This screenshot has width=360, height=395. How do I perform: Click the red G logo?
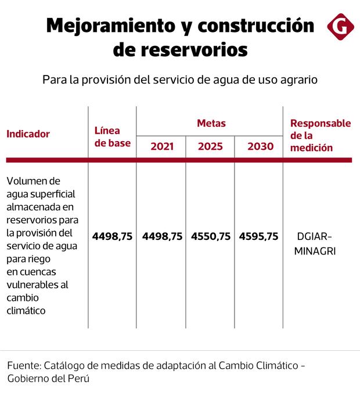(x=340, y=27)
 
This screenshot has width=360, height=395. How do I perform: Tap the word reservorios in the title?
(x=195, y=50)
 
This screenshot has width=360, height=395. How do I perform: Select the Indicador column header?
(x=28, y=134)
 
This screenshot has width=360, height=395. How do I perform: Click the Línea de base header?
(x=112, y=137)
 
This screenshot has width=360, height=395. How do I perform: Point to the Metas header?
(x=211, y=123)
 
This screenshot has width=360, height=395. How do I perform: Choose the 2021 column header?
(x=162, y=146)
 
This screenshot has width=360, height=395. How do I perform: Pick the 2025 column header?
(x=210, y=146)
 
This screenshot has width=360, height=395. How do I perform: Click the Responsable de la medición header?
(x=321, y=135)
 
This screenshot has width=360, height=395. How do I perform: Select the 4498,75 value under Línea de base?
(x=113, y=236)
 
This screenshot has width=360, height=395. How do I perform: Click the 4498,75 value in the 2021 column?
(x=162, y=236)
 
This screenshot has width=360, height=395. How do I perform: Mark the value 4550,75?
(x=210, y=236)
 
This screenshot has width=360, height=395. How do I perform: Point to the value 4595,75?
(x=259, y=236)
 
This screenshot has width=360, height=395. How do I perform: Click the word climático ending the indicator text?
(x=26, y=310)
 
